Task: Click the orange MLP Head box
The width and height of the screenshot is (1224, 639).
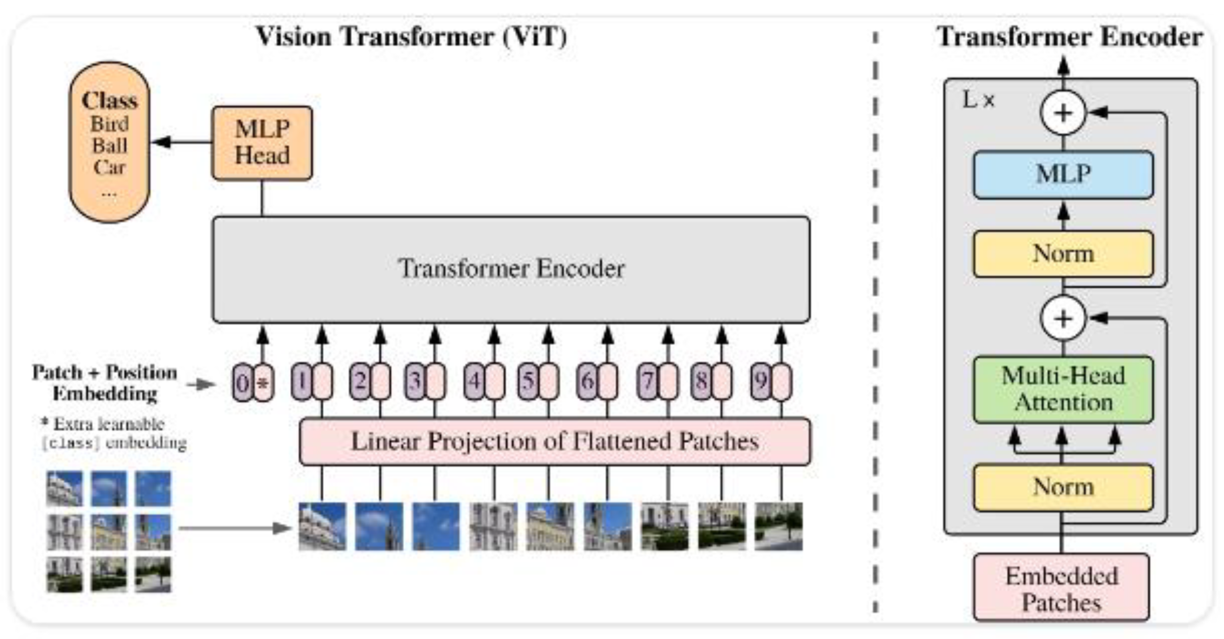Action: (262, 142)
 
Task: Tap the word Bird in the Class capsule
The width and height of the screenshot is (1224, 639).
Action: (110, 124)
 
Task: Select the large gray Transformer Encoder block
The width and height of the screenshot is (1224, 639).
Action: (511, 269)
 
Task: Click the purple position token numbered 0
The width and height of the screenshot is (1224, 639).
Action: (242, 383)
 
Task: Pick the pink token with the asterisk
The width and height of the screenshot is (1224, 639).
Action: (263, 383)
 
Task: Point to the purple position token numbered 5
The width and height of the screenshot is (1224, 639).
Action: (528, 381)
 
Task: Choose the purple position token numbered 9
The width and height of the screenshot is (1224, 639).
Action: (761, 381)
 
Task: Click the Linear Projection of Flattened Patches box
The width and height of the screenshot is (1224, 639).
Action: (555, 441)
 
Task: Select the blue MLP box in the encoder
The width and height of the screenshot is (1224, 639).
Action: (1063, 174)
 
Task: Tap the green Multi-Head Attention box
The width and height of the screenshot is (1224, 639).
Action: (1063, 389)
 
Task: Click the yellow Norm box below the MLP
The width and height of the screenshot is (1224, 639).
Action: (1063, 254)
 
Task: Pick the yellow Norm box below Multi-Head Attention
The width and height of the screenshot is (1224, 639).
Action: (1063, 487)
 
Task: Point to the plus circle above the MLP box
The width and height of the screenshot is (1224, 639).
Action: (1063, 113)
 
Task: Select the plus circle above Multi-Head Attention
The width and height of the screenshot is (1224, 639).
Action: (1063, 318)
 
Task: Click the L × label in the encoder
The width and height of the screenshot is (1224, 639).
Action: (978, 100)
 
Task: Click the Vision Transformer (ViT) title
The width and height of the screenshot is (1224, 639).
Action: (412, 36)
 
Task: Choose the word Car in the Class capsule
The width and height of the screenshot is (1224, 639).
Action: (110, 167)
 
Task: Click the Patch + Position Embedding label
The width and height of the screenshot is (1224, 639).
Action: (105, 383)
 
